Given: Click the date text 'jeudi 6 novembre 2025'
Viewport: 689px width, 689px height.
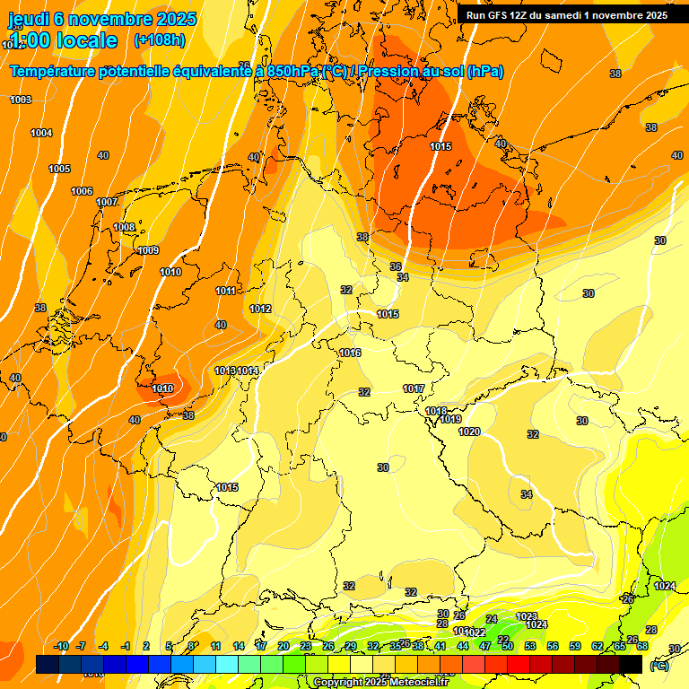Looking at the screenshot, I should click(103, 18).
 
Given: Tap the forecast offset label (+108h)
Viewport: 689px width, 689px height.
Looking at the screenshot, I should click(159, 40).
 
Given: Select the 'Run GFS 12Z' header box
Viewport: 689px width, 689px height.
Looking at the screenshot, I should click(566, 15).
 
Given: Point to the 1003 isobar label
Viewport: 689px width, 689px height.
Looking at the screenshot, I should click(21, 100).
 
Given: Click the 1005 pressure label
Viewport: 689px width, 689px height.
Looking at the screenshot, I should click(59, 169).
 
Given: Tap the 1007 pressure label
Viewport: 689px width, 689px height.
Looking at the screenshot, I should click(107, 202).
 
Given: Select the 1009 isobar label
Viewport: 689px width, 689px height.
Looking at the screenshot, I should click(148, 250).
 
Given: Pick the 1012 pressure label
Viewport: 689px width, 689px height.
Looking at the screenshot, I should click(260, 309).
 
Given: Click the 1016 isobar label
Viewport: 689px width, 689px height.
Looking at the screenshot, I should click(350, 353).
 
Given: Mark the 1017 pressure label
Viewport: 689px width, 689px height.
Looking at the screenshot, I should click(414, 388).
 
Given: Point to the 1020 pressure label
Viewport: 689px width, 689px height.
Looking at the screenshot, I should click(469, 432).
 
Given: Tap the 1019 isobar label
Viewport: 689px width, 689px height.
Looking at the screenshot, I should click(450, 419).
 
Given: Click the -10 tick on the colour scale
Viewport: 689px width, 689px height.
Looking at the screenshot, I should click(61, 646).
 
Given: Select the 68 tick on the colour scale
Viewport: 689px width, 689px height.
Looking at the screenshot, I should click(642, 646).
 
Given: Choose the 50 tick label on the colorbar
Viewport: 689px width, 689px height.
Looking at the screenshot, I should click(507, 646).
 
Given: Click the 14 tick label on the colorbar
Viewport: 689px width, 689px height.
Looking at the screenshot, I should click(239, 646).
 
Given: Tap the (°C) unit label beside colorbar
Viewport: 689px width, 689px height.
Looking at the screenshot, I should click(658, 666).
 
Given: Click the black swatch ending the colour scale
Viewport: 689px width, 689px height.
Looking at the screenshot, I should click(631, 664).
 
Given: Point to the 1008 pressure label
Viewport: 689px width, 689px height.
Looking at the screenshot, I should click(124, 227).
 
